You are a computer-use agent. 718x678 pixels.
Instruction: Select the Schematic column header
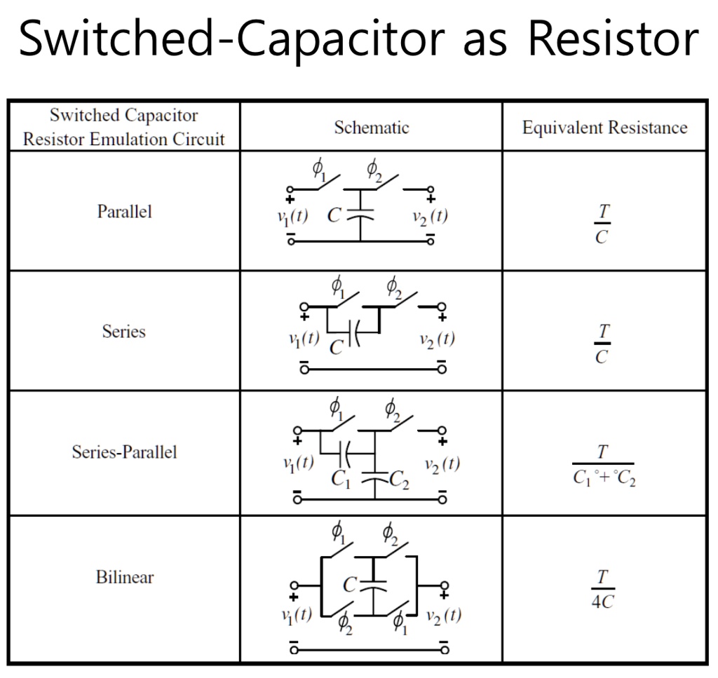pos(371,127)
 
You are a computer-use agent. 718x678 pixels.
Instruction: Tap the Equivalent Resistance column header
pos(604,127)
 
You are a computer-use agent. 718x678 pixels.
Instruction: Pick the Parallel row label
pos(124,211)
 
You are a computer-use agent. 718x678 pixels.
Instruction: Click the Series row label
pos(124,332)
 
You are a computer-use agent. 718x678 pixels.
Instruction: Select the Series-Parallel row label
pos(124,452)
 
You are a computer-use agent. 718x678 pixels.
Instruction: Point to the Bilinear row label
pos(124,577)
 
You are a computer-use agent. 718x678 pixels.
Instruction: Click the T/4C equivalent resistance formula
pos(602,589)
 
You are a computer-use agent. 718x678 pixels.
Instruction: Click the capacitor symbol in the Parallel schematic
pos(360,215)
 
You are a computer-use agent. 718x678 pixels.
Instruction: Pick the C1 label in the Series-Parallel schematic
pos(342,480)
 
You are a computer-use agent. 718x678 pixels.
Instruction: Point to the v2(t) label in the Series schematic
pos(436,339)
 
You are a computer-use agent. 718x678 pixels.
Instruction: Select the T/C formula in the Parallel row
pos(602,224)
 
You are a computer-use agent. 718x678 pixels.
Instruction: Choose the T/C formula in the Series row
pos(602,344)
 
